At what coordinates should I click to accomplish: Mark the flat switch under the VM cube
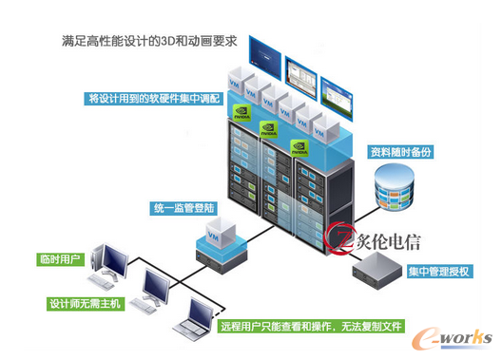point(218,258)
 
